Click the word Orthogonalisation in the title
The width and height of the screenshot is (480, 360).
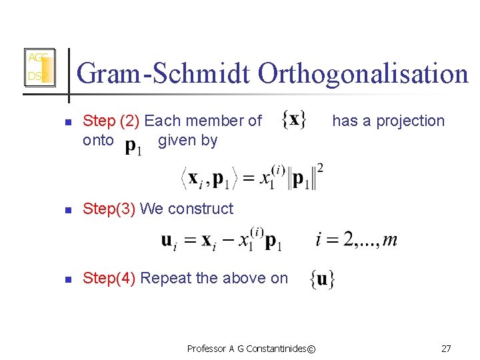pyautogui.click(x=363, y=73)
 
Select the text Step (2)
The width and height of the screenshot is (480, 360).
pyautogui.click(x=111, y=121)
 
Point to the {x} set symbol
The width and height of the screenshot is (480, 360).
pyautogui.click(x=294, y=120)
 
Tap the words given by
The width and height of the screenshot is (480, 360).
pyautogui.click(x=187, y=140)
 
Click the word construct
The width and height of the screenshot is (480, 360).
pyautogui.click(x=203, y=209)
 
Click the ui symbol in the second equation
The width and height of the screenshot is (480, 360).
pyautogui.click(x=169, y=241)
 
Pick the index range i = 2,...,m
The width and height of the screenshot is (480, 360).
pyautogui.click(x=356, y=239)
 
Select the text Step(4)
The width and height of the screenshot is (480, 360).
pyautogui.click(x=109, y=278)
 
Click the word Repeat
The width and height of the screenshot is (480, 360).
pyautogui.click(x=165, y=278)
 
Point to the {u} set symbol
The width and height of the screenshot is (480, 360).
pyautogui.click(x=323, y=279)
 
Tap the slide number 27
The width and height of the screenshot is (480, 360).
pyautogui.click(x=446, y=348)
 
